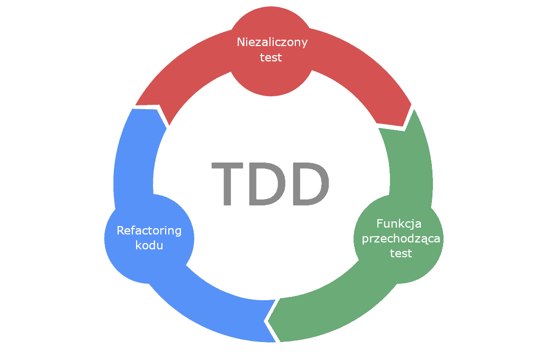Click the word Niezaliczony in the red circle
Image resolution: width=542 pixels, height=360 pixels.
pyautogui.click(x=272, y=42)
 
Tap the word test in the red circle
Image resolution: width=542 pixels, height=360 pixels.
pyautogui.click(x=271, y=58)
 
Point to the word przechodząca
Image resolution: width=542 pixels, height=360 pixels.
pyautogui.click(x=401, y=239)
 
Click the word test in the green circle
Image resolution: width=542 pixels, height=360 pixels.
pyautogui.click(x=401, y=254)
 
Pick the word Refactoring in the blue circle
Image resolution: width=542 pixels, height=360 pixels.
pyautogui.click(x=149, y=231)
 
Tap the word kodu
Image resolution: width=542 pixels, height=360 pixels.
pyautogui.click(x=149, y=246)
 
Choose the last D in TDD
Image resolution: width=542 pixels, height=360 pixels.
pyautogui.click(x=310, y=183)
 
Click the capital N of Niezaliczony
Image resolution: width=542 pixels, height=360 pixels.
pyautogui.click(x=240, y=42)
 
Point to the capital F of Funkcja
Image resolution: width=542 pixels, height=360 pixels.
pyautogui.click(x=380, y=223)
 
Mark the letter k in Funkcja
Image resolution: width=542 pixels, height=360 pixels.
pyautogui.click(x=401, y=223)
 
